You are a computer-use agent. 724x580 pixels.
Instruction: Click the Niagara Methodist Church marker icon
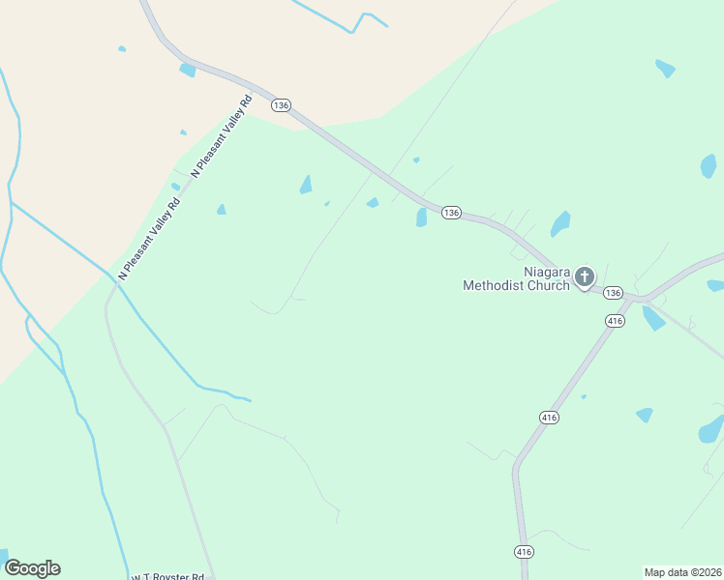click(585, 277)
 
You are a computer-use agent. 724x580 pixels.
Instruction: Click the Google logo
click(32, 568)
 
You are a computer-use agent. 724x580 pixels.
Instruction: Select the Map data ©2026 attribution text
click(682, 572)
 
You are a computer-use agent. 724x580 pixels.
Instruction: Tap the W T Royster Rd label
click(169, 576)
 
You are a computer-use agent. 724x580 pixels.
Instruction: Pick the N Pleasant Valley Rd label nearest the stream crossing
click(150, 239)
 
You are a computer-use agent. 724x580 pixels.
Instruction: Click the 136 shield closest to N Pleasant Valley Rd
click(281, 104)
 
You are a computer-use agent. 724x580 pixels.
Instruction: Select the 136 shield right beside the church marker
click(612, 292)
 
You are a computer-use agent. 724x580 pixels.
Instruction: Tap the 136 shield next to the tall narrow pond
click(451, 213)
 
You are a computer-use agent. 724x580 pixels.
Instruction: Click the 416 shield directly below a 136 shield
click(614, 320)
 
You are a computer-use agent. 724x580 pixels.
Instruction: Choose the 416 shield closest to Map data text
click(523, 551)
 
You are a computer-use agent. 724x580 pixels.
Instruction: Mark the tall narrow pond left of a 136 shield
click(421, 217)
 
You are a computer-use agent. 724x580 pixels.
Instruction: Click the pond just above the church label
click(559, 225)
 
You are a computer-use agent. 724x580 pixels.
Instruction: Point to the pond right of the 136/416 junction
click(653, 318)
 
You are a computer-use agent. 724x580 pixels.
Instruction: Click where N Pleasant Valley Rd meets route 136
click(250, 94)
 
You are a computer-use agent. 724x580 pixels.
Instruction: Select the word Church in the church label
click(548, 285)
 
